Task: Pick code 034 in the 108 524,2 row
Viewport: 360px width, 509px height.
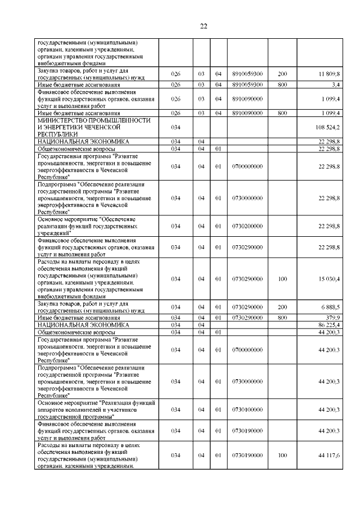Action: [x=175, y=128]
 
